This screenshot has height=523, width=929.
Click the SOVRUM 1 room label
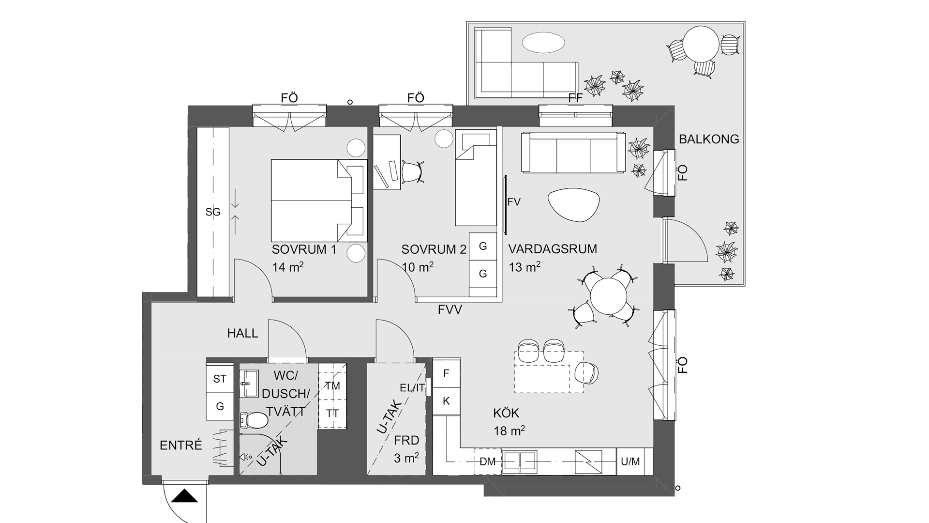coord(304,250)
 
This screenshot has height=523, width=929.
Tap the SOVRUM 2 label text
coord(434,250)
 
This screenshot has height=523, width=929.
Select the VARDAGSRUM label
coord(553,249)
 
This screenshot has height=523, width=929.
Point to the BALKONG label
coord(709,139)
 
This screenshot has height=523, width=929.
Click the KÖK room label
coord(506,413)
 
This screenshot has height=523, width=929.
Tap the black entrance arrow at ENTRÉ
coord(185,496)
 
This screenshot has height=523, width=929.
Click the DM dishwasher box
coord(487,462)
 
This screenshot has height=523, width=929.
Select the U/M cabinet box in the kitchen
coord(630,462)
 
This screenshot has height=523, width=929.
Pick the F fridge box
coord(446,373)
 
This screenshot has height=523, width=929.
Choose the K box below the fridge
coord(446,401)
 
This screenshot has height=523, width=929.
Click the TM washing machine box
coord(333,386)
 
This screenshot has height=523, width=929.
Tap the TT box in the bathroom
coord(333,414)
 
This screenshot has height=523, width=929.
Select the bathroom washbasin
coord(249,384)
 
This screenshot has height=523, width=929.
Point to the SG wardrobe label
coord(213,212)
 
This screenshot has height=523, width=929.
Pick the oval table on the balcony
coord(543,43)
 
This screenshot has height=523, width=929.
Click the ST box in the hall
coord(220,379)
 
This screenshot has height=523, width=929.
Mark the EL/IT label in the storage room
coord(412,387)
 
